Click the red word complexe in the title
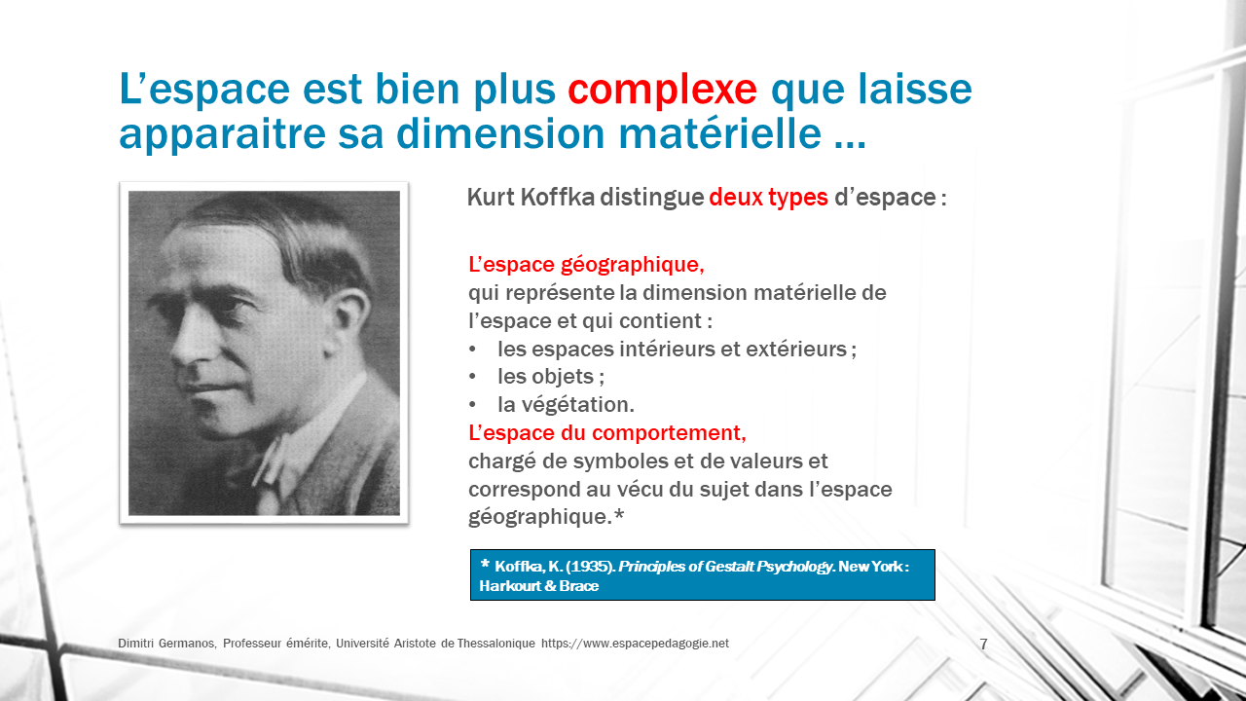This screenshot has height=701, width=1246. click(x=662, y=90)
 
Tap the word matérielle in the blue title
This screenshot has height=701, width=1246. click(x=719, y=134)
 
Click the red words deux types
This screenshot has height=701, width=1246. click(x=768, y=198)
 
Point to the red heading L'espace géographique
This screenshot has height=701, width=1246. click(x=586, y=266)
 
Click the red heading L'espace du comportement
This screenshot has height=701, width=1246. click(x=607, y=433)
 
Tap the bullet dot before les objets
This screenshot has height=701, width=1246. click(x=472, y=377)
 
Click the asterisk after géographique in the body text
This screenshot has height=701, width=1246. click(x=618, y=514)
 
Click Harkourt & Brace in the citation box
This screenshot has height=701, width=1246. click(x=539, y=586)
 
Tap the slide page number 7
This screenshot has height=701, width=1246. click(x=983, y=645)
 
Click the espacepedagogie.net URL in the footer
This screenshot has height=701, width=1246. click(x=635, y=644)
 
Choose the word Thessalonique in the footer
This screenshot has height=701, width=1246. click(x=495, y=644)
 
